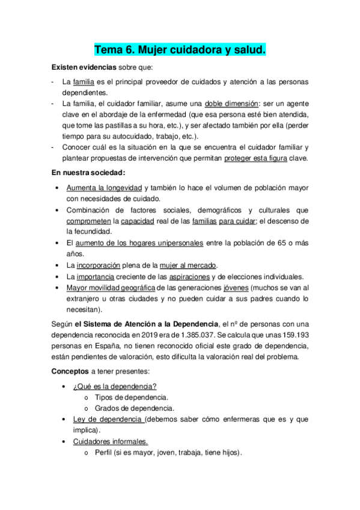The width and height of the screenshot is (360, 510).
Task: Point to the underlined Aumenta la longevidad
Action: tap(104, 188)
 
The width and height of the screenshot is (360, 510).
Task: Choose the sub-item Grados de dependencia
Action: tap(131, 408)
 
